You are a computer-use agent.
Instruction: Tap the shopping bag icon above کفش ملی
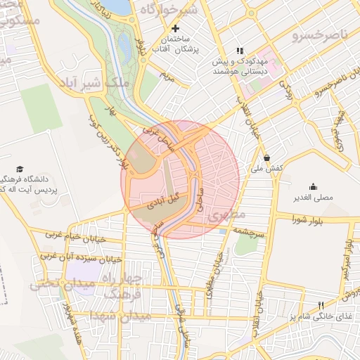(267, 157)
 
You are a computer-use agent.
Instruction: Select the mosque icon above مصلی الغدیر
(313, 186)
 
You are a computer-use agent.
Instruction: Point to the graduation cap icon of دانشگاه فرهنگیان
(20, 169)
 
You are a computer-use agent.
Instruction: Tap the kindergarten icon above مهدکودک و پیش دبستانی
(239, 51)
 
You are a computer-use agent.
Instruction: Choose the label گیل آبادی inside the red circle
(161, 200)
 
